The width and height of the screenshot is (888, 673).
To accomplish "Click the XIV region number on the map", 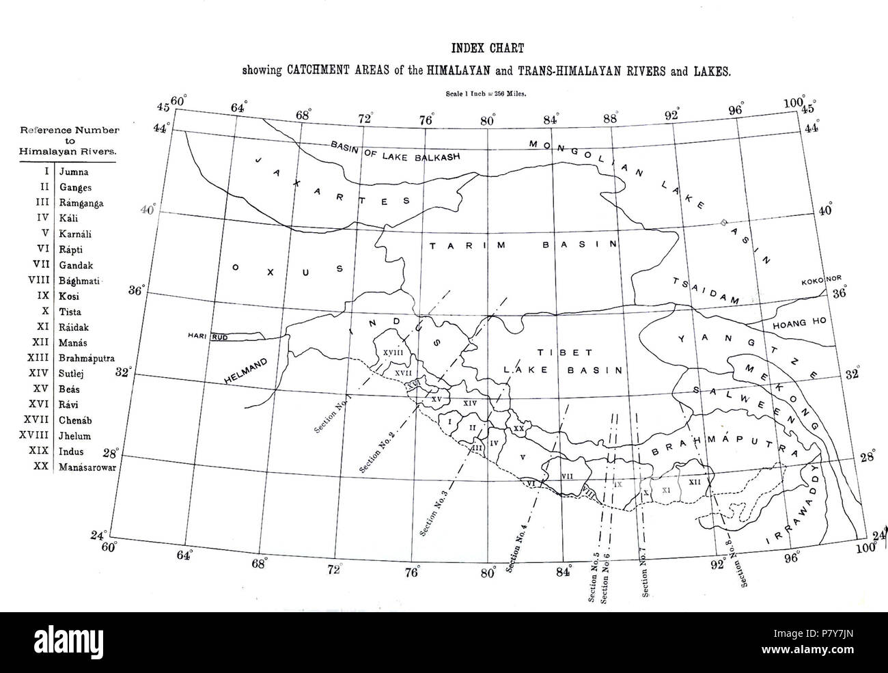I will (x=470, y=404).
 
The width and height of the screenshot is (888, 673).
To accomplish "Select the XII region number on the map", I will (x=695, y=482).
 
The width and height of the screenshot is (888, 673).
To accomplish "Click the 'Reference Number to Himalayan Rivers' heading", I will (x=70, y=141).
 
